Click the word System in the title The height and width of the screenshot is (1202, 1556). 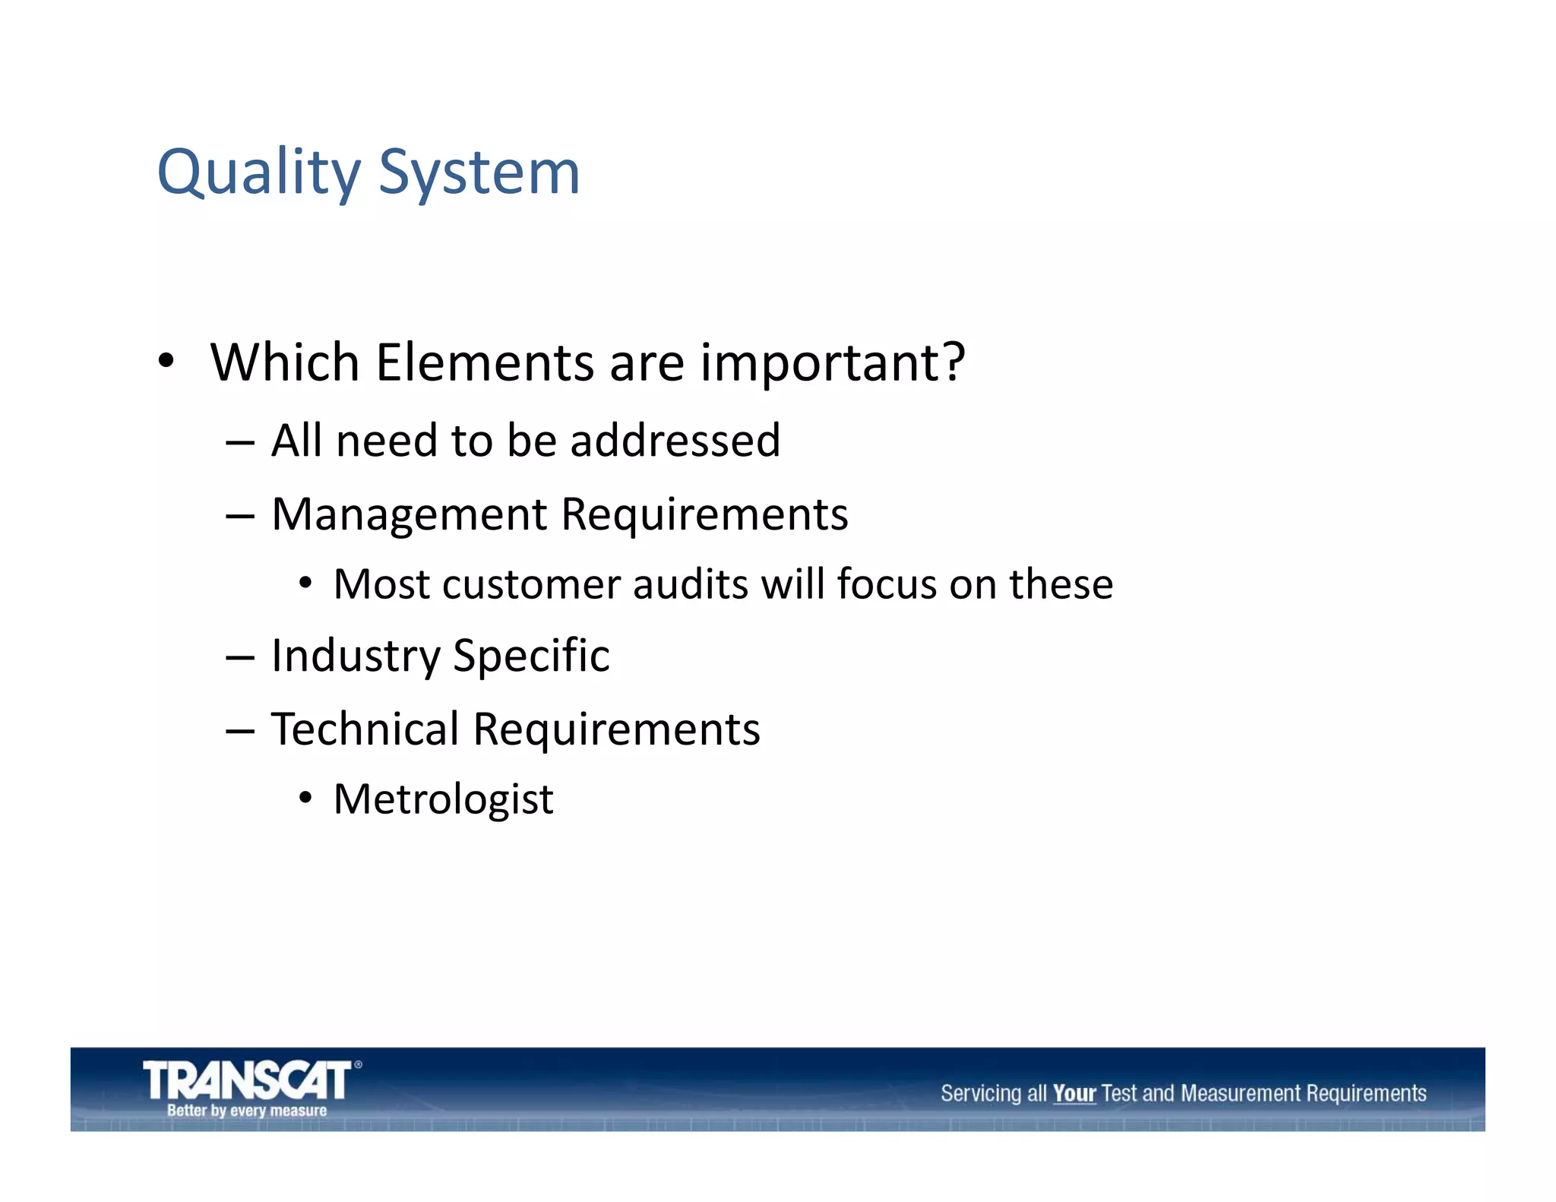[x=479, y=173]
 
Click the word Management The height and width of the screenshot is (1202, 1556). [x=410, y=514]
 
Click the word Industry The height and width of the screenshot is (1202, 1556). [x=356, y=656]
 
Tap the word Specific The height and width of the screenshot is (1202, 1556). [x=531, y=656]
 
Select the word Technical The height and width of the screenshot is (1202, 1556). [x=365, y=729]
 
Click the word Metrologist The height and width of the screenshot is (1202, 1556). [x=444, y=799]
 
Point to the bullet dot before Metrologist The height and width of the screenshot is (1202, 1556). [x=305, y=799]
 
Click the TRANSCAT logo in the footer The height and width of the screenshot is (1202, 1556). [x=248, y=1080]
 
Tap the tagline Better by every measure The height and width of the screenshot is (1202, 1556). [x=247, y=1111]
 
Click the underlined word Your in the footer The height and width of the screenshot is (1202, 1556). [x=1074, y=1093]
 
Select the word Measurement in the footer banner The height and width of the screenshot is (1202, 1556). [x=1241, y=1093]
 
